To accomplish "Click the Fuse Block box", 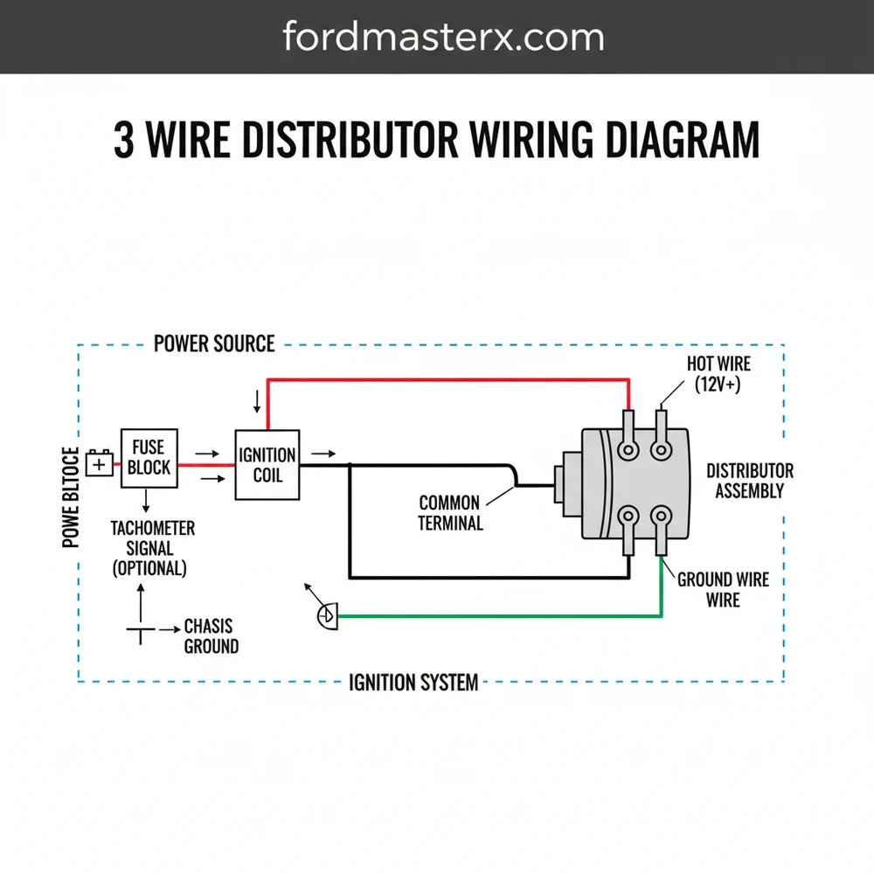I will [149, 457].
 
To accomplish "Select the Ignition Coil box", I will [267, 465].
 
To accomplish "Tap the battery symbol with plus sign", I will [100, 464].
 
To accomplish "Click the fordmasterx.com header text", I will [443, 37].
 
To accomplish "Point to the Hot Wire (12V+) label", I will [718, 373].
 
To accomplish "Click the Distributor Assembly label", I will [749, 481].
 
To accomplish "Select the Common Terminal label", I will [450, 513].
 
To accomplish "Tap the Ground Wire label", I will [723, 589].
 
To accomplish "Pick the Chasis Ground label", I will [210, 636].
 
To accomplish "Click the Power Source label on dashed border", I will [214, 343].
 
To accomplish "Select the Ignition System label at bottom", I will [413, 682].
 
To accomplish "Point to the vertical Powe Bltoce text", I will [71, 498].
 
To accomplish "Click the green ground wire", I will [498, 616].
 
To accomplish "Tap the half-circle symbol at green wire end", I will [327, 616].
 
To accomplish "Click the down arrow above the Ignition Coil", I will [256, 401].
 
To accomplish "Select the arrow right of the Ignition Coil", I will [323, 454].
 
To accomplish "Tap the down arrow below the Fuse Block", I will [147, 501].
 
